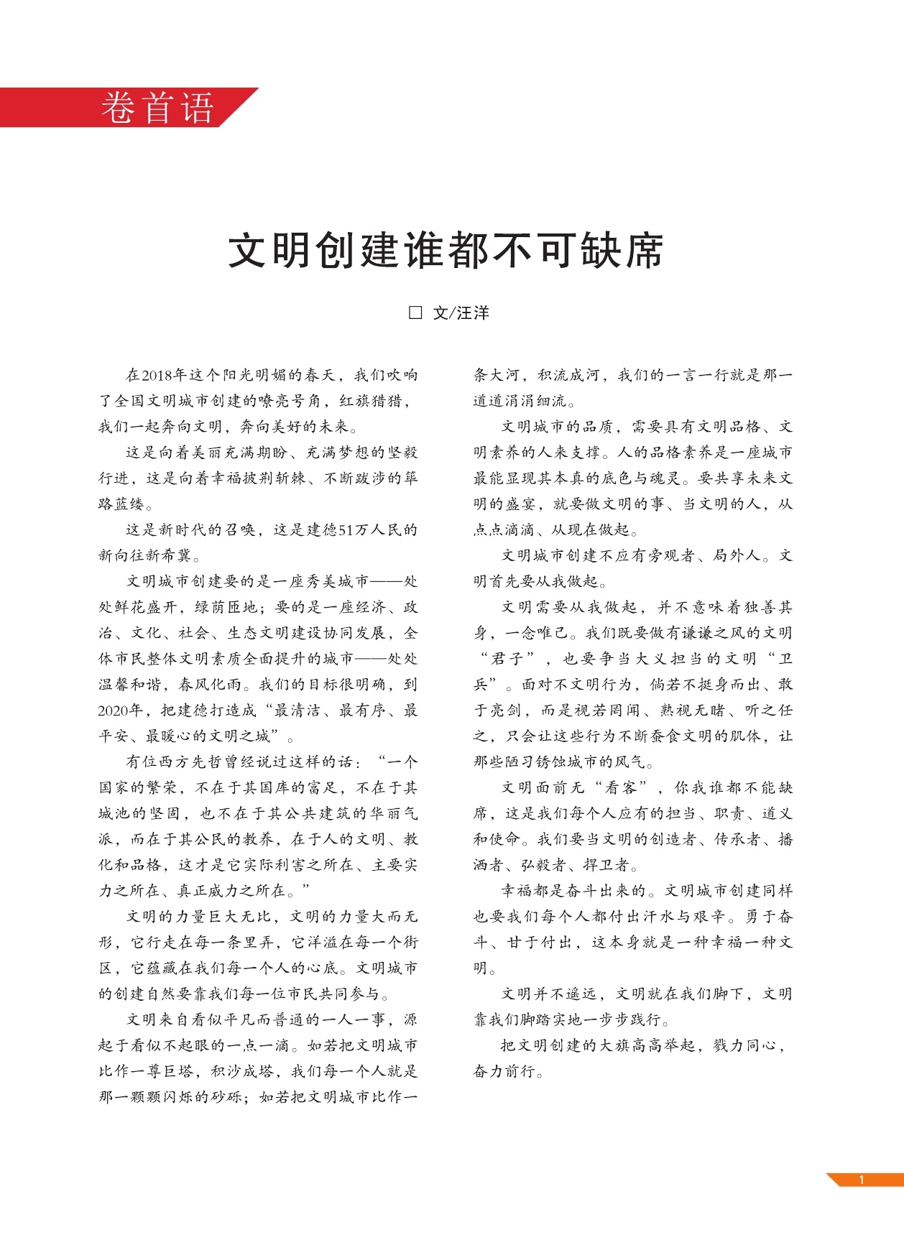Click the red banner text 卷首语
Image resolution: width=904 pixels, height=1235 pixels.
(x=157, y=108)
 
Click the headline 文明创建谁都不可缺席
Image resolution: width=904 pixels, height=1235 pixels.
(x=446, y=251)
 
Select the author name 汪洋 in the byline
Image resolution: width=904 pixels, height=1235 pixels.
(x=473, y=313)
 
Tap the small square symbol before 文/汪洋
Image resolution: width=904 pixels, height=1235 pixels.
(x=415, y=313)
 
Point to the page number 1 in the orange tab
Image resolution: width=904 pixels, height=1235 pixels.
(x=861, y=1179)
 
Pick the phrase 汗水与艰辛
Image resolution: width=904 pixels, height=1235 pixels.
(x=686, y=917)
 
